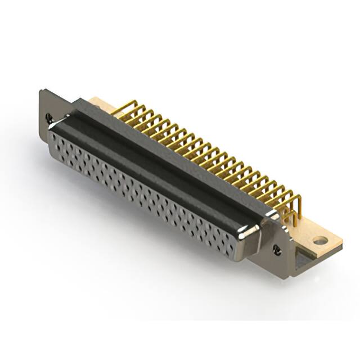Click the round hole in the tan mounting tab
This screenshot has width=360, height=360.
coord(320,241)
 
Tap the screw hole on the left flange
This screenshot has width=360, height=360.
coord(49,118)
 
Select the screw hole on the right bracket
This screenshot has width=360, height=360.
coord(276,248)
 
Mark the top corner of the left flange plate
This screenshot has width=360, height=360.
coord(42,91)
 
